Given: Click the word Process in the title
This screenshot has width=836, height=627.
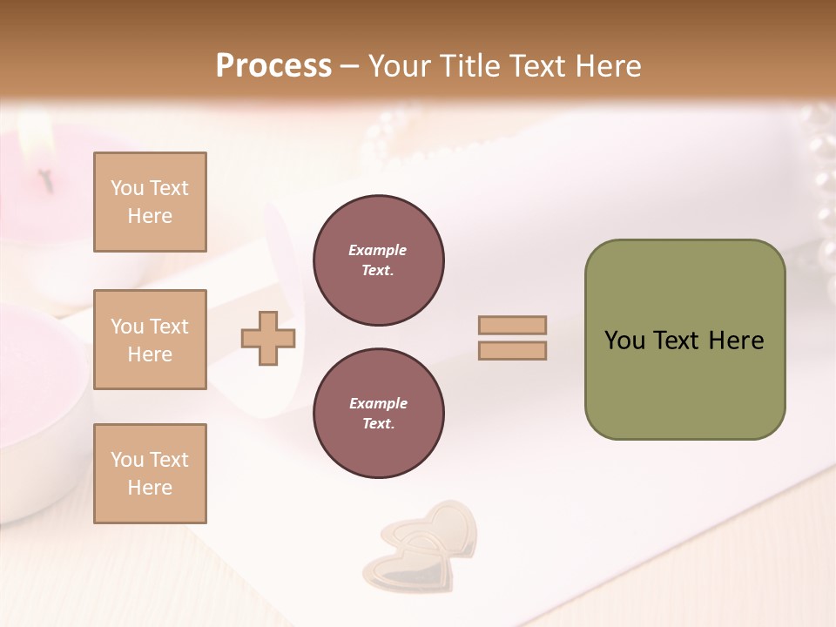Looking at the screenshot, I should pos(273,66).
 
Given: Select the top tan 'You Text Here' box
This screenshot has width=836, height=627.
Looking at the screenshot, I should pos(150,202).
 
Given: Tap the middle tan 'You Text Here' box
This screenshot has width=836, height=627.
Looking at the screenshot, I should pos(150,340).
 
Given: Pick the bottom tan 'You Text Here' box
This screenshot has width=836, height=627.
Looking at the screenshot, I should pos(150,474).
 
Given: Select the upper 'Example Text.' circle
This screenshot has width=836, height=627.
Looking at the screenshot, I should pos(378,260).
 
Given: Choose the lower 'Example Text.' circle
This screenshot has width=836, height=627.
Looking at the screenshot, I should pos(378,414).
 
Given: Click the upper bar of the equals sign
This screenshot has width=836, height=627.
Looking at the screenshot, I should pos(512,326).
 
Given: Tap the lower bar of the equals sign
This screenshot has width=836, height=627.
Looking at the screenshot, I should pos(512,351).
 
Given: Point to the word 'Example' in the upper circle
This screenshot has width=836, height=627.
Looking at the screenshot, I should pos(378,250).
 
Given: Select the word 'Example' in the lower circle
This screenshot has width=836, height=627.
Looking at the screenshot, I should pos(378,403).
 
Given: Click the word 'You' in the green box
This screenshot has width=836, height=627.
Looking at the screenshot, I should pos(624,340).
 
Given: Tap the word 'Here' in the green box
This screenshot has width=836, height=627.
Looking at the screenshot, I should pos(736,340).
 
